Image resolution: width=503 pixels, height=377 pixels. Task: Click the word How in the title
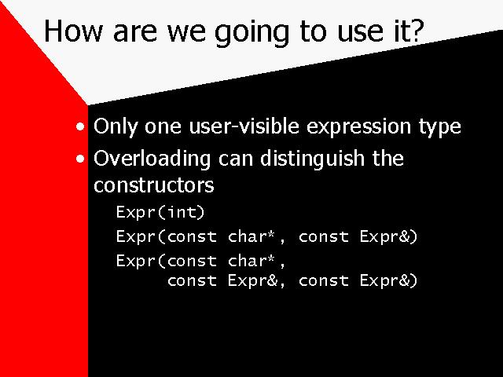click(x=73, y=31)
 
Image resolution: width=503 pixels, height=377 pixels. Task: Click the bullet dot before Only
click(x=80, y=126)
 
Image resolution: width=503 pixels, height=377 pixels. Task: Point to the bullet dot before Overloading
click(x=80, y=159)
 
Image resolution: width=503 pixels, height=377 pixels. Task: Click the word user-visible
click(x=244, y=126)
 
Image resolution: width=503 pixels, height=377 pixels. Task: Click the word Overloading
click(x=152, y=159)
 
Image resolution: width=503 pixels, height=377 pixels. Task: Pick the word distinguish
click(x=312, y=159)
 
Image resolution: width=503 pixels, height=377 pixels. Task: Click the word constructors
click(x=154, y=185)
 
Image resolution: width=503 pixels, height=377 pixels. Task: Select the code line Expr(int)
click(x=160, y=212)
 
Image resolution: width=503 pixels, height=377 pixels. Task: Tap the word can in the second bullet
click(x=236, y=160)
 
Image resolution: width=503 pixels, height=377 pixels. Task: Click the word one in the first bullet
click(x=163, y=128)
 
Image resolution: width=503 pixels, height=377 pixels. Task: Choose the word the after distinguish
click(x=387, y=158)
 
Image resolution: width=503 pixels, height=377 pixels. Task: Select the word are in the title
click(x=135, y=33)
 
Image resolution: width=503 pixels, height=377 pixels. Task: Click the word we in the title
click(x=186, y=33)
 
